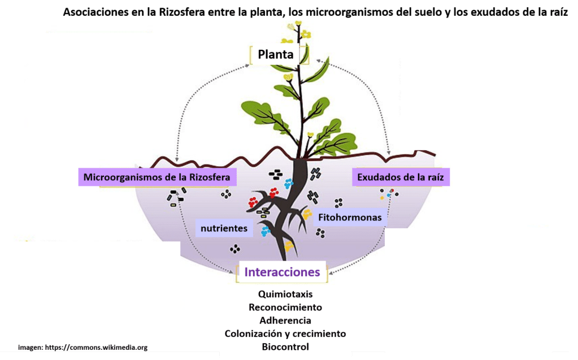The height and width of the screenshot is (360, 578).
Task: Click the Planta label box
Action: coord(276,55)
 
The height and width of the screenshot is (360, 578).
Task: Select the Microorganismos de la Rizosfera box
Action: coord(157,177)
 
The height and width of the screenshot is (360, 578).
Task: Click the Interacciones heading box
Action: coord(282,272)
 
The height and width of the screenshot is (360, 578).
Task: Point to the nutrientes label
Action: coord(224,228)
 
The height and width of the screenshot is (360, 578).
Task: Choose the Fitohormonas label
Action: coord(350,217)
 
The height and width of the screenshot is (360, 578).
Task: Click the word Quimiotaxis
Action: coord(285,294)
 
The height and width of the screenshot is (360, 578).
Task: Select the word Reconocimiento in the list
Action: coord(285,307)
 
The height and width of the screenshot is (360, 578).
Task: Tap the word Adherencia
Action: coord(285,320)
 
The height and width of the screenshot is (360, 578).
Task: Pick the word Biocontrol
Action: coord(285,346)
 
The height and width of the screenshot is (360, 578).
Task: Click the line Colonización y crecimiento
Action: coord(285,333)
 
